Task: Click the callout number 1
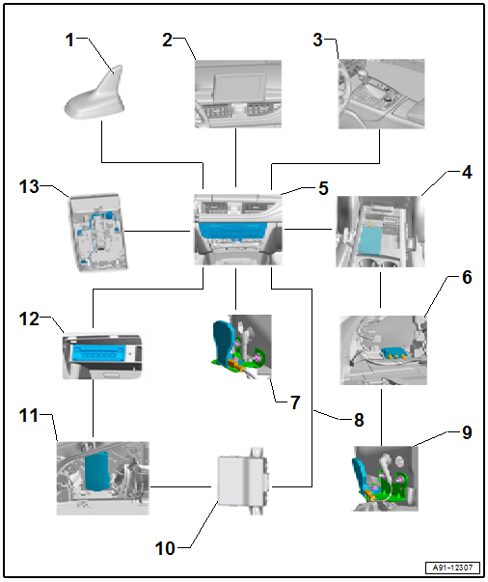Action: pyautogui.click(x=69, y=40)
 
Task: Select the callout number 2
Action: pyautogui.click(x=168, y=40)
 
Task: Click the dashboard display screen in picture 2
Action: pyautogui.click(x=240, y=87)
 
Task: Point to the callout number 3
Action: pyautogui.click(x=318, y=40)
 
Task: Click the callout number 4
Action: pyautogui.click(x=467, y=173)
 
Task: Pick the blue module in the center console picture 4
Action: pyautogui.click(x=371, y=240)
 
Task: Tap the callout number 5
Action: pyautogui.click(x=323, y=188)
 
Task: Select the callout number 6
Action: pyautogui.click(x=467, y=277)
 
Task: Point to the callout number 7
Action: pyautogui.click(x=295, y=402)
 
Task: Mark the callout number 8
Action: pyautogui.click(x=359, y=420)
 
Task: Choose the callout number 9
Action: pyautogui.click(x=467, y=432)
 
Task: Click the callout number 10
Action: pyautogui.click(x=165, y=548)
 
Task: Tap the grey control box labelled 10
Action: pyautogui.click(x=242, y=481)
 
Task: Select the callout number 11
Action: pyautogui.click(x=29, y=415)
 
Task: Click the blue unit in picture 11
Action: pyautogui.click(x=97, y=471)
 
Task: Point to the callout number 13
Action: pyautogui.click(x=29, y=186)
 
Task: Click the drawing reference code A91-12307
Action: pyautogui.click(x=452, y=568)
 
